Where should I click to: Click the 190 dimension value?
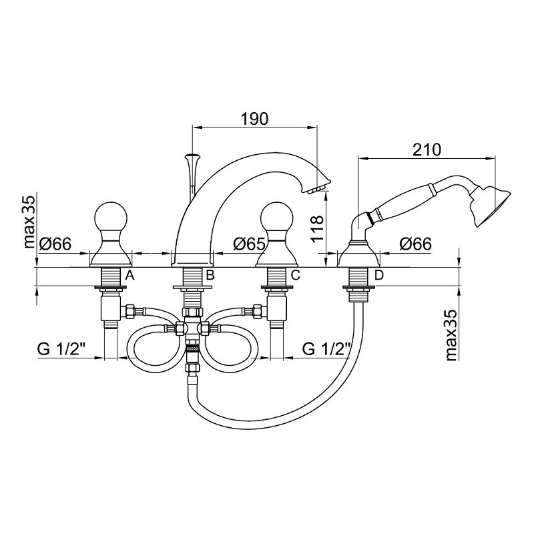pyautogui.click(x=255, y=119)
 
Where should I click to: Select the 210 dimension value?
pyautogui.click(x=427, y=150)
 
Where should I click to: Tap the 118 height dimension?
pyautogui.click(x=317, y=228)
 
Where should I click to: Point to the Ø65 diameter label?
pyautogui.click(x=249, y=244)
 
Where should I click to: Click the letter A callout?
pyautogui.click(x=129, y=274)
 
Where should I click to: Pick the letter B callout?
pyautogui.click(x=210, y=274)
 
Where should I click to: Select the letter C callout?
pyautogui.click(x=295, y=274)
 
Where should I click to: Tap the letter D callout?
pyautogui.click(x=378, y=274)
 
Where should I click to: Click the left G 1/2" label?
pyautogui.click(x=61, y=349)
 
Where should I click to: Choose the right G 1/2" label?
pyautogui.click(x=326, y=349)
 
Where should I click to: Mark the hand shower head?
pyautogui.click(x=491, y=206)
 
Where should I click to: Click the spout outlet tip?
pyautogui.click(x=317, y=190)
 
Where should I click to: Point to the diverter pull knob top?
pyautogui.click(x=192, y=157)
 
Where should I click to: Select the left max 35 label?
pyautogui.click(x=29, y=222)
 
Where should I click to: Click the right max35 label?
pyautogui.click(x=451, y=335)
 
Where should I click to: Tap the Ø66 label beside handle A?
pyautogui.click(x=55, y=244)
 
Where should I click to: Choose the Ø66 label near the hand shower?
pyautogui.click(x=415, y=244)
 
